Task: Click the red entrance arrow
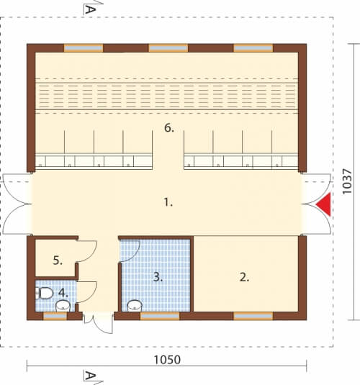point(325,204)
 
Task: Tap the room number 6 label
point(168,128)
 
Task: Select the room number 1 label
point(168,202)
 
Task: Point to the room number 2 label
point(244,277)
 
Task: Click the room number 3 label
point(158,277)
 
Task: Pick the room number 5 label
point(58,261)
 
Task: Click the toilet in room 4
point(45,293)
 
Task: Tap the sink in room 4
point(63,306)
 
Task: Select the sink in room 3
point(135,306)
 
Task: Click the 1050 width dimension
point(167,360)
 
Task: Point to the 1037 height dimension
point(347,181)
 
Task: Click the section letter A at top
point(90,9)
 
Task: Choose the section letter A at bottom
point(90,376)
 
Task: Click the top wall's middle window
point(168,48)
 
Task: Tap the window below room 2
point(253,316)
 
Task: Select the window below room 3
point(160,316)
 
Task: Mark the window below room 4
point(55,316)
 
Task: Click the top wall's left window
point(84,48)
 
